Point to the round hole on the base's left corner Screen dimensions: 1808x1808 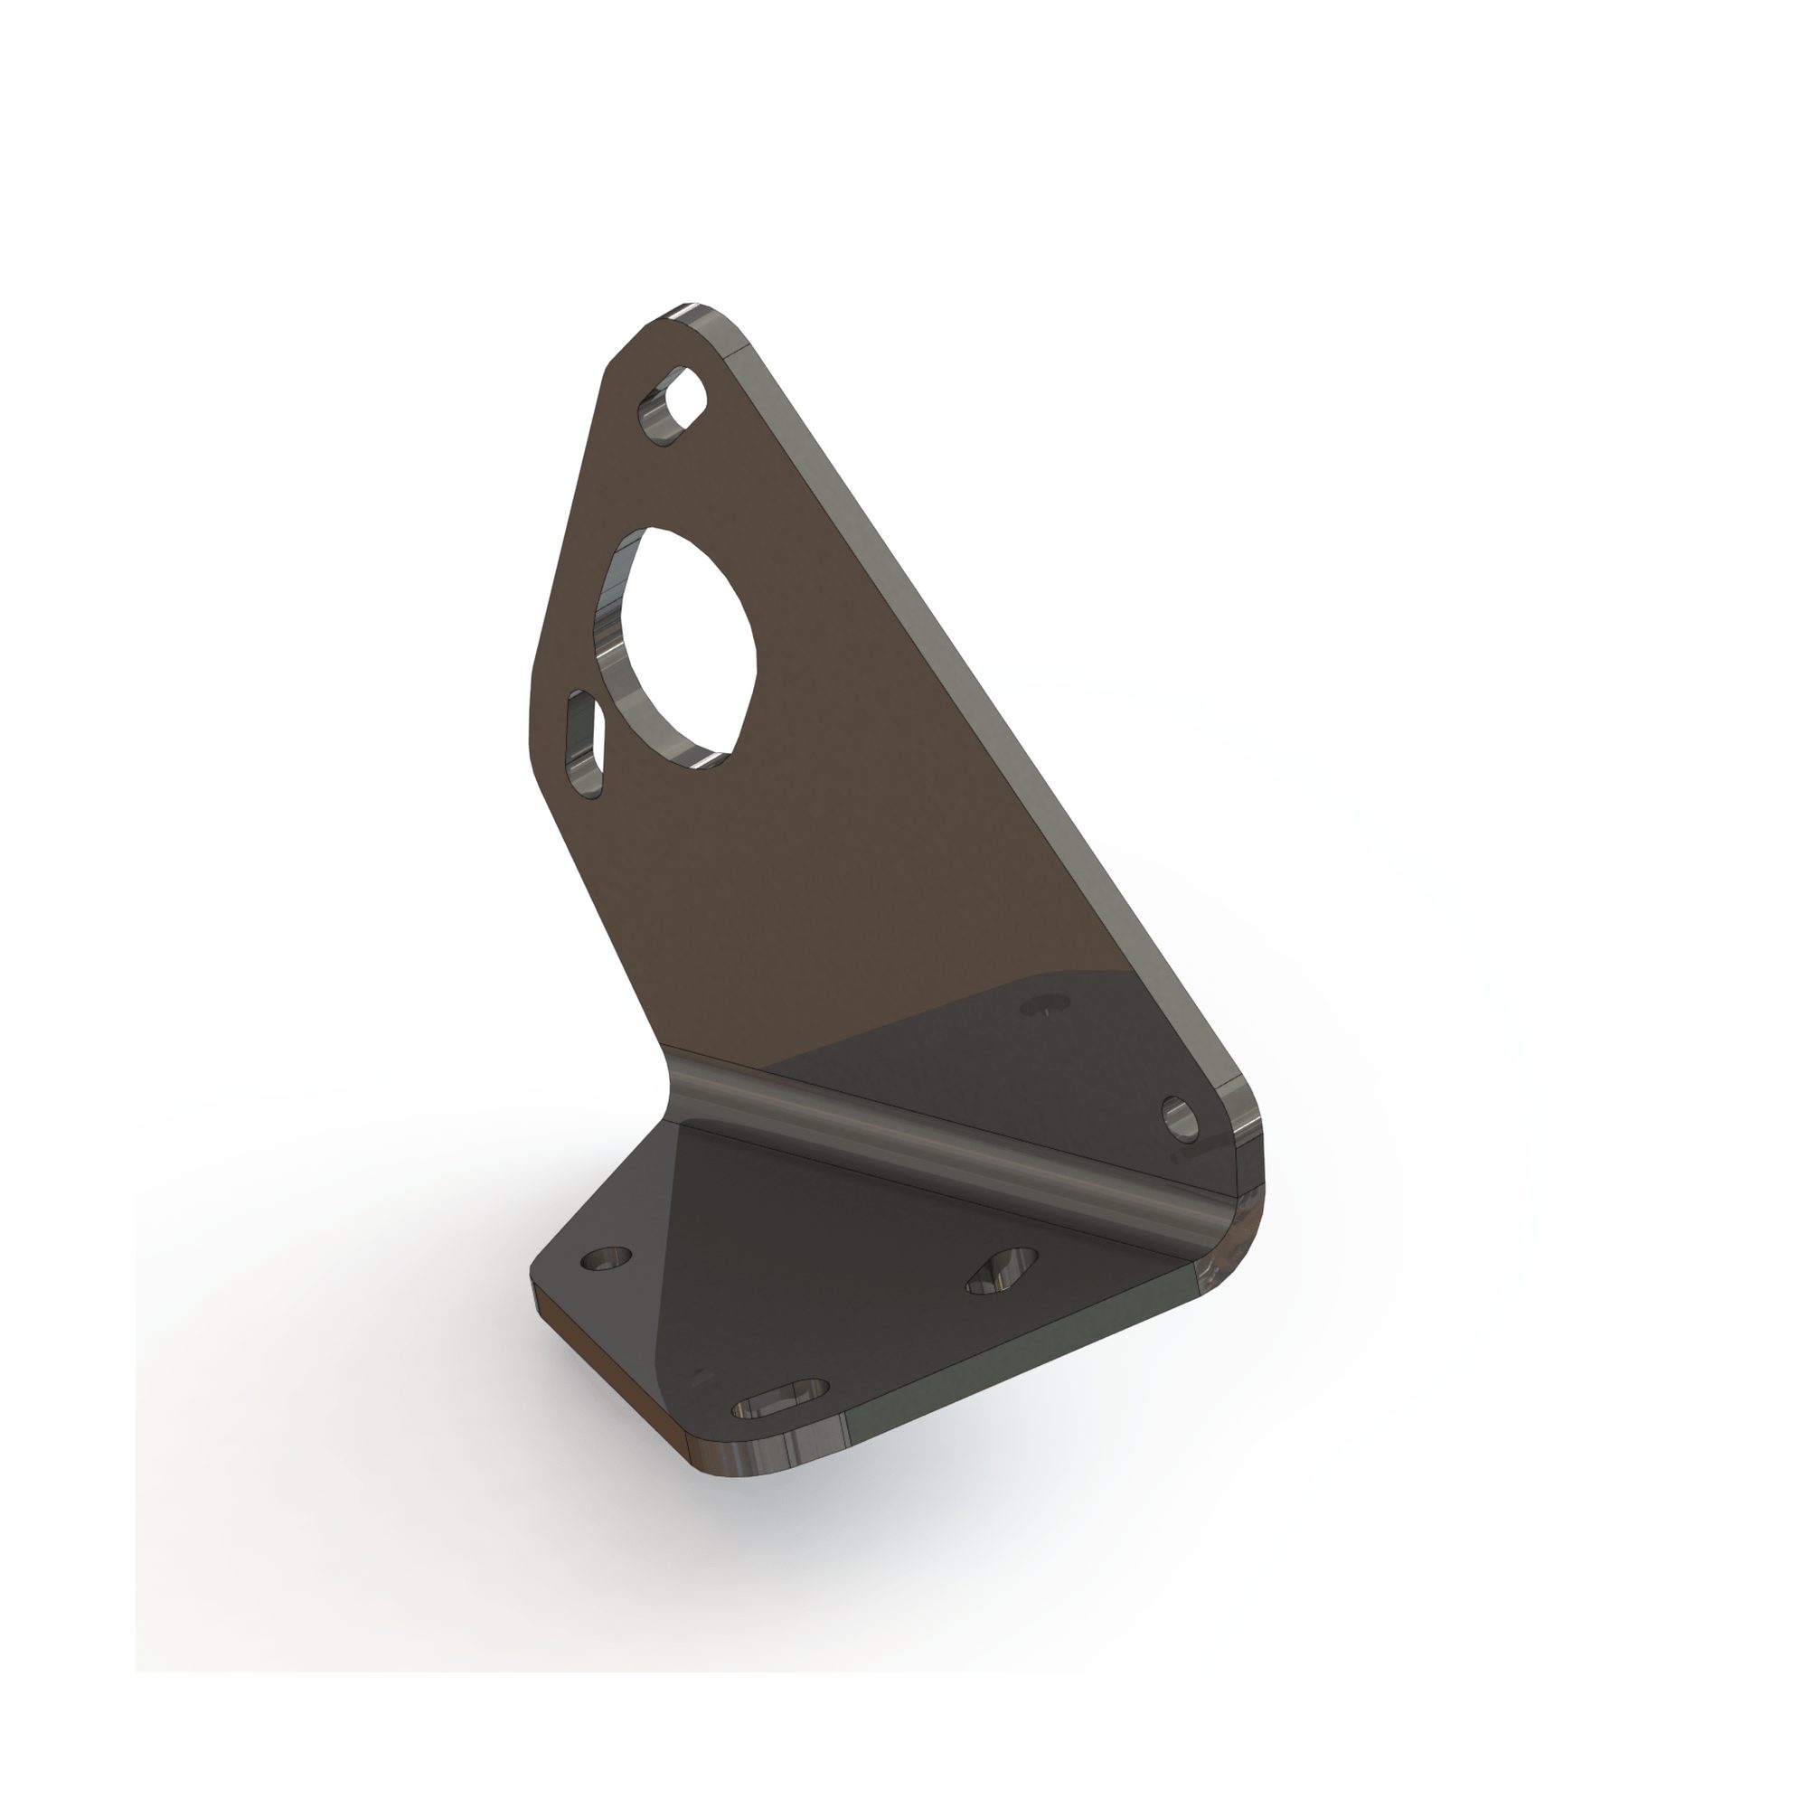click(x=607, y=1259)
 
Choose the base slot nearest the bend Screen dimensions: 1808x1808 click(x=1002, y=1270)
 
